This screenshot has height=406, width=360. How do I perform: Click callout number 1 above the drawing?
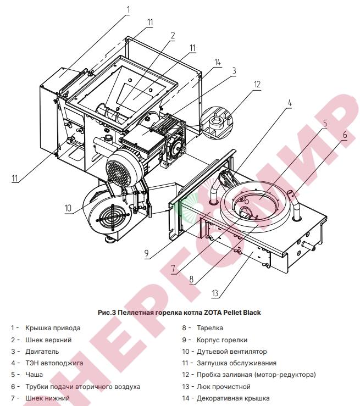click(x=128, y=9)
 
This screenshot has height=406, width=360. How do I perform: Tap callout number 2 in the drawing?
click(x=172, y=36)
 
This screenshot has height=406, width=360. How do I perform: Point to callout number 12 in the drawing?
click(x=257, y=85)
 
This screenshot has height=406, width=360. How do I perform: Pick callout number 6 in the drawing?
click(x=345, y=135)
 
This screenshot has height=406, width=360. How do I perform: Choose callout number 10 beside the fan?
click(x=68, y=208)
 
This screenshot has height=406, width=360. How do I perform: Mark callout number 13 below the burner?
click(x=215, y=293)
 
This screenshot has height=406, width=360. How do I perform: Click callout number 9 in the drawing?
click(x=147, y=254)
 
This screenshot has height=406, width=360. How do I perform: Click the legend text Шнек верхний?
click(x=52, y=340)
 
